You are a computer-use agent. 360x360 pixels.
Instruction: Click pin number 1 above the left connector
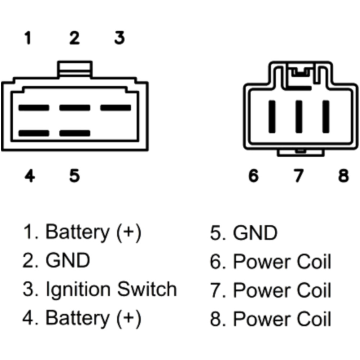point(27,38)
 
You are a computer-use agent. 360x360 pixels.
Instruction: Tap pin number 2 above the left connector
point(74,38)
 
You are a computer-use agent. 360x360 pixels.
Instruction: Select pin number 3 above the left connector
point(120,38)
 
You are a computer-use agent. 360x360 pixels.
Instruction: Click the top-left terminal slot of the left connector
point(33,107)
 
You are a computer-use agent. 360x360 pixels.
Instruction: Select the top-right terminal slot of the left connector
point(115,107)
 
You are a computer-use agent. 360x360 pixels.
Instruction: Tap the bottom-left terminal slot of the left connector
point(33,133)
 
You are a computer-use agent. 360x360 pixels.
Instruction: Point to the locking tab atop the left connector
point(75,68)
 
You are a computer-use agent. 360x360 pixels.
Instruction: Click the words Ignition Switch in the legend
point(112,289)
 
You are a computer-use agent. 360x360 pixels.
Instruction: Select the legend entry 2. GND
point(57,260)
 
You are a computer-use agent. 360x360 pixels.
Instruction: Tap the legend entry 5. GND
point(244,233)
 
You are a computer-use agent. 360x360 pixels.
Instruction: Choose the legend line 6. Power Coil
point(271,262)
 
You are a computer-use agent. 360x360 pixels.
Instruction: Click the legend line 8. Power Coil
point(271,319)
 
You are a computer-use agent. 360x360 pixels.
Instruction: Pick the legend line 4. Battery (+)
point(82,318)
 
